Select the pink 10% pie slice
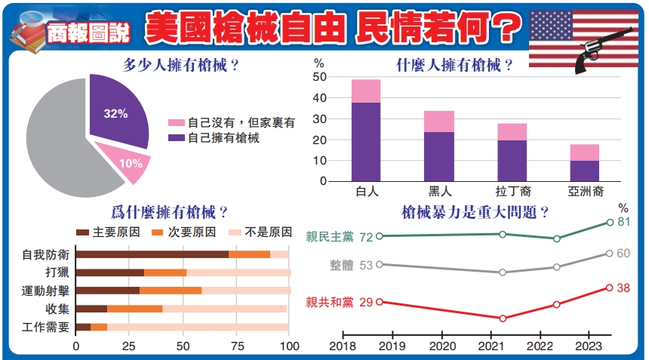(129, 162)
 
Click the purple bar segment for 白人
(366, 142)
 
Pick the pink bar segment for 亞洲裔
(585, 152)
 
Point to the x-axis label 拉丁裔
(512, 192)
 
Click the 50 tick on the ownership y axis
(319, 77)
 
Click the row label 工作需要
(47, 327)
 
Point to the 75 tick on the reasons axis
(237, 346)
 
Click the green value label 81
(624, 222)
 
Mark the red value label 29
(367, 302)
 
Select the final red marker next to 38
(609, 288)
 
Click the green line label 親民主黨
(331, 237)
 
